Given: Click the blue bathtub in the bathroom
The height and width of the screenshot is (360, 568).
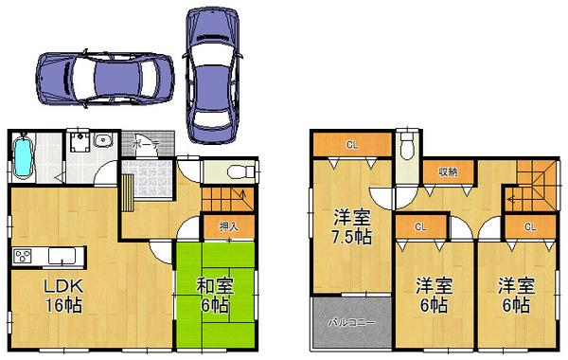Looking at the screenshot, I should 25,157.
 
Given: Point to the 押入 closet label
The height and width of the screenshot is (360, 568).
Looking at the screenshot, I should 227,227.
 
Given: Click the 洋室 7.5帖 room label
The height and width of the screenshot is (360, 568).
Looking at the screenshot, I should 350,225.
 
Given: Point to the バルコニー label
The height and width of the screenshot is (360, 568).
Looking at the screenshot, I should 351,323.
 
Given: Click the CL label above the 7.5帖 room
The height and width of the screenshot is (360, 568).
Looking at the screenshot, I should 351,144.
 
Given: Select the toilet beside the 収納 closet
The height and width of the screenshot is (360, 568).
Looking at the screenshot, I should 407,148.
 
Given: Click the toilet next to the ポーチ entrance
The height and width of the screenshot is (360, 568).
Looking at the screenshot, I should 241,171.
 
